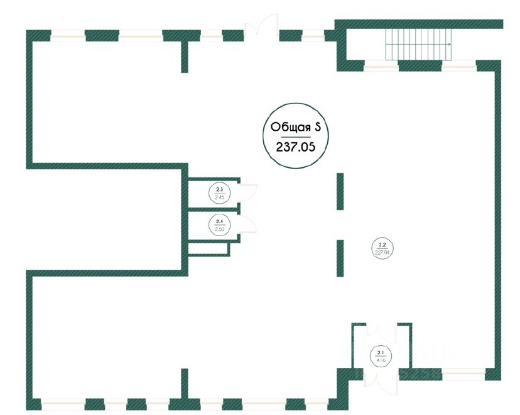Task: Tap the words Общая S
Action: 295,126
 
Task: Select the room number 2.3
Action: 219,189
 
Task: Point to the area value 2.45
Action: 219,197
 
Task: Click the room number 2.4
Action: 219,221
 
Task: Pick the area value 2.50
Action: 219,229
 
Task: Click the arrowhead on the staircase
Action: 450,44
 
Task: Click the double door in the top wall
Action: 261,28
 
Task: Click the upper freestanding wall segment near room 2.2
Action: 340,191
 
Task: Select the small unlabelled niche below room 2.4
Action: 209,249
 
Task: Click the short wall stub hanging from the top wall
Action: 185,56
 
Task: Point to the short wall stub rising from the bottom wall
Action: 185,382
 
